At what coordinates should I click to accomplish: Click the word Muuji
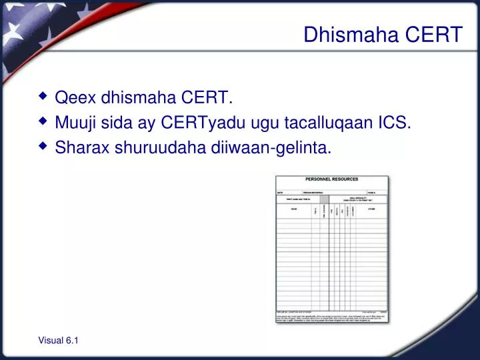pyautogui.click(x=77, y=123)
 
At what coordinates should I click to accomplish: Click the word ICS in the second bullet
pyautogui.click(x=395, y=123)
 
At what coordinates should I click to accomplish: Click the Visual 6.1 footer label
pyautogui.click(x=59, y=341)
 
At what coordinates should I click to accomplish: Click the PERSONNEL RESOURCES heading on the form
pyautogui.click(x=332, y=179)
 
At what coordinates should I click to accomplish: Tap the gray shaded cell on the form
pyautogui.click(x=324, y=199)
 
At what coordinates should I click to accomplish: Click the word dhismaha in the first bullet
pyautogui.click(x=140, y=99)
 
